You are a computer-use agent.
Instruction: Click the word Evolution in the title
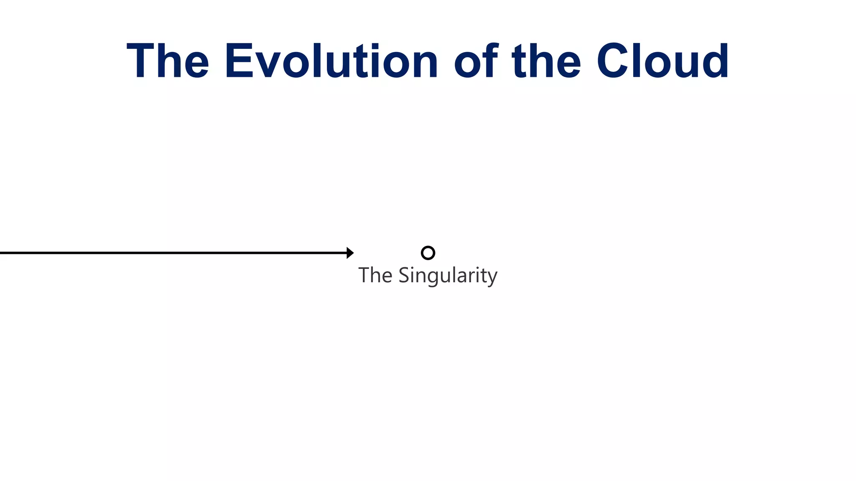331,61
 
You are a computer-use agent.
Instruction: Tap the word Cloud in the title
662,61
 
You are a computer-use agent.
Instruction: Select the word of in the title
476,61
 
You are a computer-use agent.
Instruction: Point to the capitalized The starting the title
168,61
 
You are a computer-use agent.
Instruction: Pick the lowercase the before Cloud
546,61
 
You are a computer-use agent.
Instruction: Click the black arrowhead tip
352,253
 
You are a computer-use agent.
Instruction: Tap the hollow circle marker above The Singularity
428,253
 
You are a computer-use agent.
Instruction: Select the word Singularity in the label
448,276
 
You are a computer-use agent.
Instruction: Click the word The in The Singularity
375,276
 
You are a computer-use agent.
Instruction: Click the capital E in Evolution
239,61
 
